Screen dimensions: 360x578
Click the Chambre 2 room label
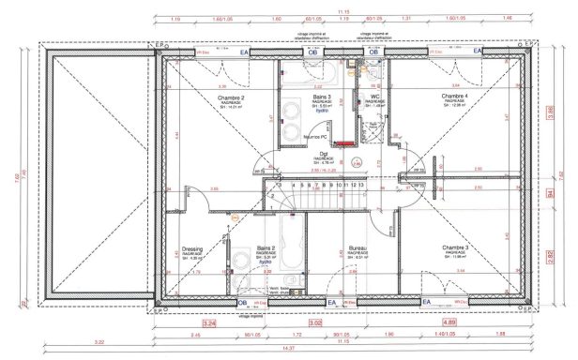click(x=231, y=97)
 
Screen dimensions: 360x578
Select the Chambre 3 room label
click(x=454, y=247)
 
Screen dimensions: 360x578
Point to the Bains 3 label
click(x=323, y=97)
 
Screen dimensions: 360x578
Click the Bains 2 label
click(x=266, y=248)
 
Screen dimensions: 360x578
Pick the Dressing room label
click(x=192, y=249)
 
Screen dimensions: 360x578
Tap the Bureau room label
click(x=356, y=248)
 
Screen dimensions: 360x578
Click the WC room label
click(x=374, y=97)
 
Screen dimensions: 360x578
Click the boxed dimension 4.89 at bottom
click(x=449, y=322)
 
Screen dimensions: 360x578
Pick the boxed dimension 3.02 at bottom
click(x=316, y=322)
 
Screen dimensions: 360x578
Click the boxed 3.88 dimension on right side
click(x=550, y=112)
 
